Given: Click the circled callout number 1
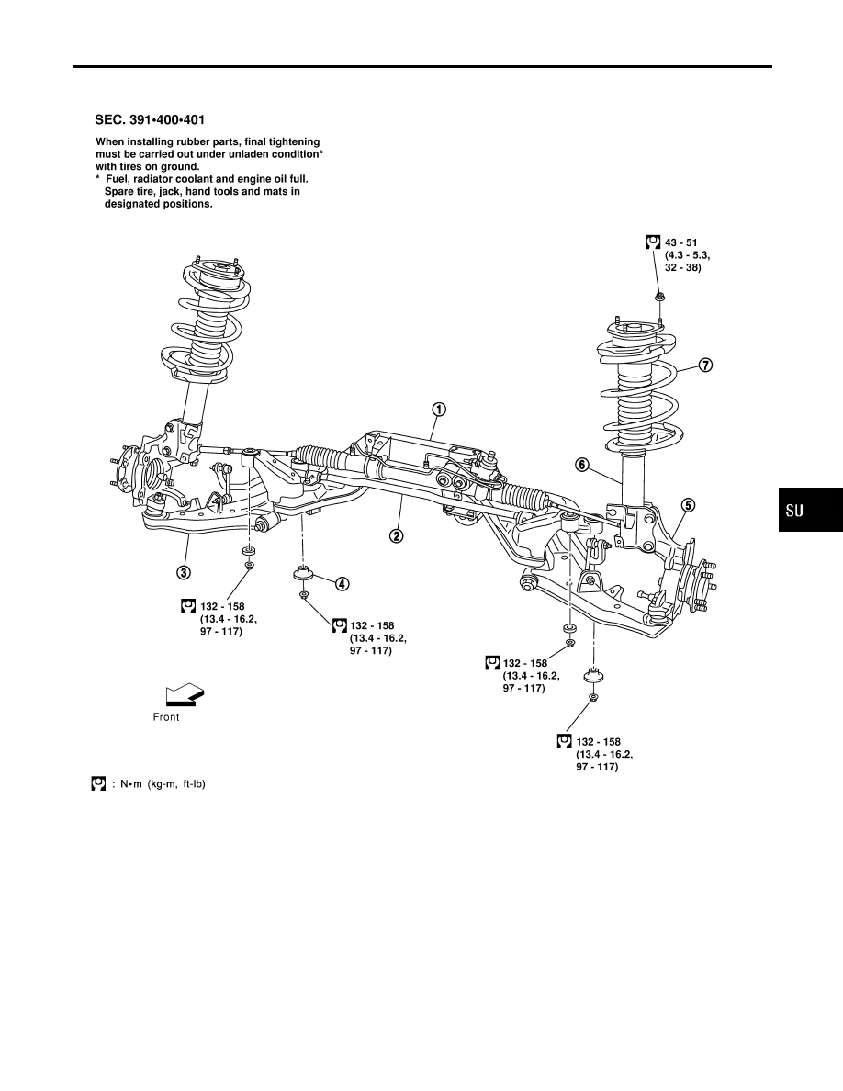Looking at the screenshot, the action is click(x=439, y=410).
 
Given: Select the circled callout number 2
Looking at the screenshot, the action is click(x=396, y=535).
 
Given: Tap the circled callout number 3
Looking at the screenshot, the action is click(x=183, y=573).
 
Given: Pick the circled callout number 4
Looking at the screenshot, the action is click(x=343, y=584).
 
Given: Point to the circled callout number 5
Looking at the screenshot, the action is click(x=687, y=505).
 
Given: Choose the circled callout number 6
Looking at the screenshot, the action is click(x=582, y=465).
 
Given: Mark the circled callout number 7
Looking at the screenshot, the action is click(x=705, y=366).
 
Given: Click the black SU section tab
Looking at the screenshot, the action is click(x=810, y=510).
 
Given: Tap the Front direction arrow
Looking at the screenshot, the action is click(x=185, y=695).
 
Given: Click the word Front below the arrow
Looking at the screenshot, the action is click(x=166, y=717).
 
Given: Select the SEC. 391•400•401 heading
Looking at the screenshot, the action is click(x=150, y=120).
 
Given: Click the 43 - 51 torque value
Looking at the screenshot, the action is click(x=681, y=242).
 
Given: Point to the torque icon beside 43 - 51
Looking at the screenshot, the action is click(x=653, y=242).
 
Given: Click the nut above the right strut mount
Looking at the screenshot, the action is click(x=659, y=298).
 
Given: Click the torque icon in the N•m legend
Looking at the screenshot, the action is click(x=99, y=783).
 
